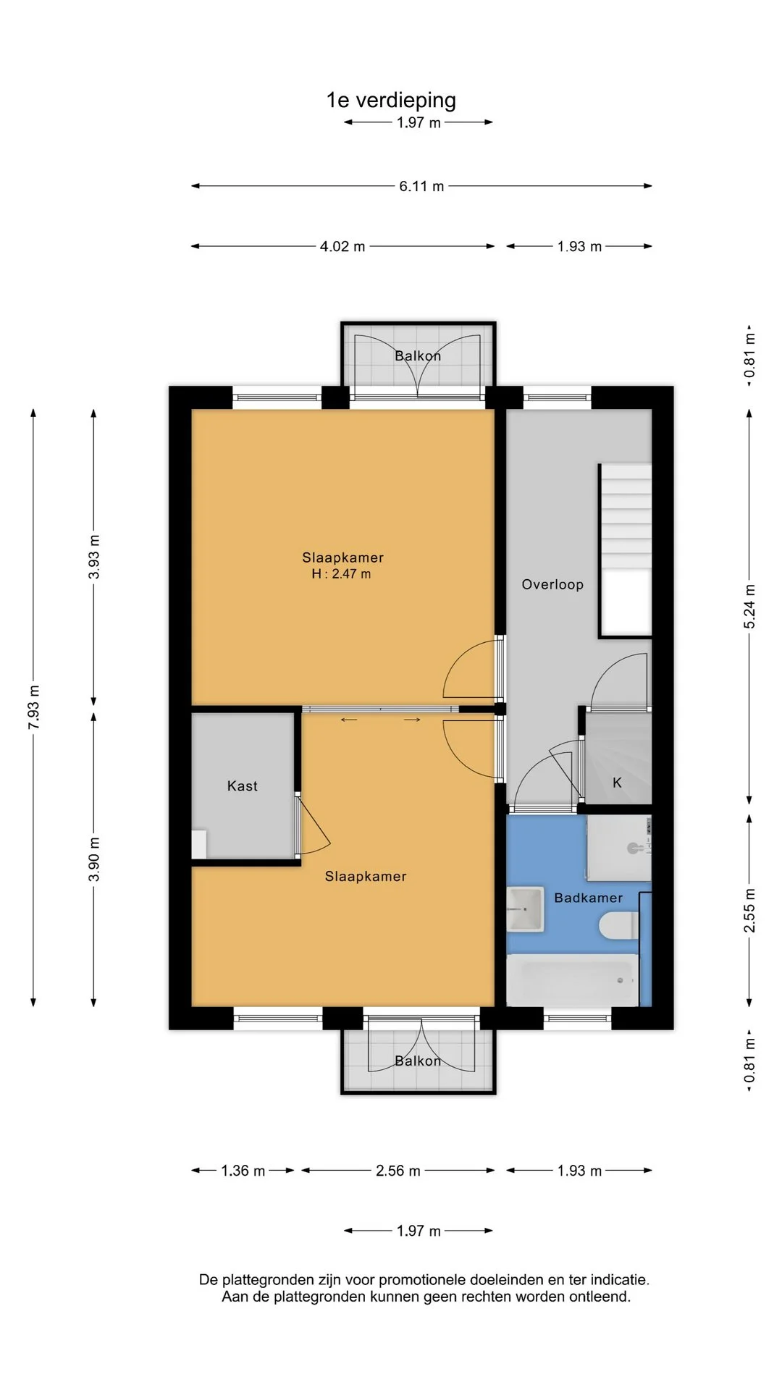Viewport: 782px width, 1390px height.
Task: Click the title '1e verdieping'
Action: (391, 100)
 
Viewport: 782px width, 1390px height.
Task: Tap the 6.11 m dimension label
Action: (421, 186)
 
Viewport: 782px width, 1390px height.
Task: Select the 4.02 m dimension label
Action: (342, 246)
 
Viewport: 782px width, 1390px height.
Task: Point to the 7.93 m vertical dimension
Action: (33, 707)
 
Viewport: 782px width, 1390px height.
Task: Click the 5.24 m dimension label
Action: (749, 607)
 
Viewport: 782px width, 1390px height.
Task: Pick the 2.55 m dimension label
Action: (749, 911)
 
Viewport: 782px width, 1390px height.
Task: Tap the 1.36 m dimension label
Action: (243, 1171)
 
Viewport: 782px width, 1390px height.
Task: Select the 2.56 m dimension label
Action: (398, 1171)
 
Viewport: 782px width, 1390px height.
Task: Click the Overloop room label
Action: (552, 584)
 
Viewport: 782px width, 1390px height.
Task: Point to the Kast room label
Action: (243, 786)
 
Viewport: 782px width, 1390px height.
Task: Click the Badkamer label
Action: (588, 898)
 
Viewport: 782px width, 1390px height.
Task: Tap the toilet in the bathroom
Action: (618, 925)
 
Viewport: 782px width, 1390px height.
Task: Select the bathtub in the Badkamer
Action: (572, 980)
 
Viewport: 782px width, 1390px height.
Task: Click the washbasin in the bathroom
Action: (525, 909)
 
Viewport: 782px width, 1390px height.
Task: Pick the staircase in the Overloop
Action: (625, 551)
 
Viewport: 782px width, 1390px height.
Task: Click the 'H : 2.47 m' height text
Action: (341, 574)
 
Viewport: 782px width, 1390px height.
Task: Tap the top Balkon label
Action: (418, 355)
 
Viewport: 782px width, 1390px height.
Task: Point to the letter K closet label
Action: (617, 783)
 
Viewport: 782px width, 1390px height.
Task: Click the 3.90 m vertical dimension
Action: (94, 859)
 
